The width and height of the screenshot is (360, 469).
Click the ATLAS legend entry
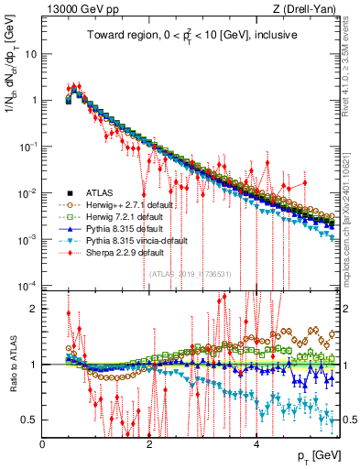click(x=92, y=191)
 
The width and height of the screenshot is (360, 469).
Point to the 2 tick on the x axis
click(x=149, y=443)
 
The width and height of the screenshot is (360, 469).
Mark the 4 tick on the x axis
click(x=256, y=443)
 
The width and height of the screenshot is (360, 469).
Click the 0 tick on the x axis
click(x=43, y=443)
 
